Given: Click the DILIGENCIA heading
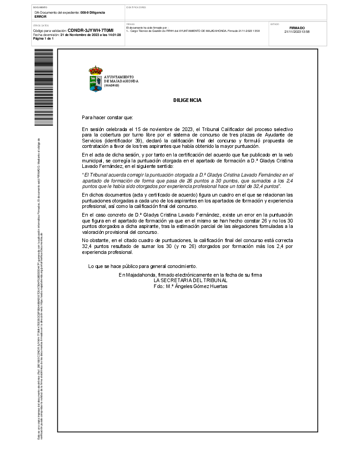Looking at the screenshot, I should [187, 100].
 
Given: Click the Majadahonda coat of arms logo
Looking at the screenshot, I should [95, 79].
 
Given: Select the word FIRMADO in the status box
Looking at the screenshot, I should [297, 28].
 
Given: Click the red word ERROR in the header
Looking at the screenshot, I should [40, 16].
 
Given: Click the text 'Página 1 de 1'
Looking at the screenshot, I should [43, 39].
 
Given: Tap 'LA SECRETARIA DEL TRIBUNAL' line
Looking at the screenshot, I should [190, 281].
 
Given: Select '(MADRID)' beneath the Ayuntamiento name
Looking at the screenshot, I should [111, 86].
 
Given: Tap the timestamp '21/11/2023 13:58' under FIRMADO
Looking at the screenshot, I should [297, 32].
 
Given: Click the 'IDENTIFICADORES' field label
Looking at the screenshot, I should [136, 7].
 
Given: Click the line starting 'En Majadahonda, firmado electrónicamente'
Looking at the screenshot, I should [190, 275].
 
